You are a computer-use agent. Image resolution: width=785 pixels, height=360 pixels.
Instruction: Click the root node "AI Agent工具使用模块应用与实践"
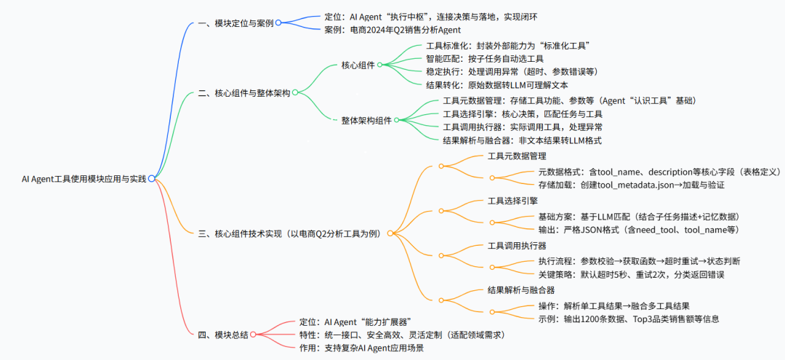[x=84, y=178]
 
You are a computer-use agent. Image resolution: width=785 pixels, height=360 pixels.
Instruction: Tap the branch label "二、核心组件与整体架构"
[x=243, y=93]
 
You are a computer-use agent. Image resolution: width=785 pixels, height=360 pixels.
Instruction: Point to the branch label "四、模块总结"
[x=223, y=335]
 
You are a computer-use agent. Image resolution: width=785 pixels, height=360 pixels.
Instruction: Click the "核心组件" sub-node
[x=358, y=65]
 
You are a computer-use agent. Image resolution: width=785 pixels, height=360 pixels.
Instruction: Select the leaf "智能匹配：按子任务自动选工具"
[x=485, y=59]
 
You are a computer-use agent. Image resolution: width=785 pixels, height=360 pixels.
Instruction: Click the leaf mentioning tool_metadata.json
[x=631, y=185]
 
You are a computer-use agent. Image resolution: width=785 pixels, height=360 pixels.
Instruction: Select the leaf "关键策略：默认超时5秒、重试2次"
[x=631, y=274]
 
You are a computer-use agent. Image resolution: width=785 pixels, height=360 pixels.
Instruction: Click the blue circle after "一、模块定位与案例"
[x=278, y=23]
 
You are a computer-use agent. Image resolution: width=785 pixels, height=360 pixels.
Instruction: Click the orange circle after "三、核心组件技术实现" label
[x=390, y=233]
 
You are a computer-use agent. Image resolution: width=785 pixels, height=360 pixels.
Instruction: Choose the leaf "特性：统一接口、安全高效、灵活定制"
[x=402, y=335]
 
